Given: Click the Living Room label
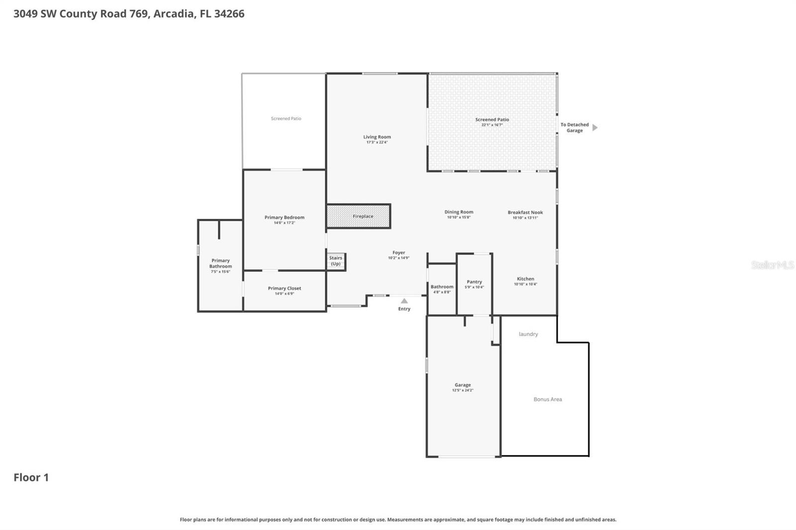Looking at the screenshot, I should [x=377, y=137].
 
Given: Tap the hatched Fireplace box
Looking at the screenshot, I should [x=359, y=216].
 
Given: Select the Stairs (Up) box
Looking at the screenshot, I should [x=336, y=261].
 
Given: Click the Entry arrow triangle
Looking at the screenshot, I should [x=404, y=301].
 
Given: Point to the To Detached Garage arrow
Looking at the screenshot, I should [x=595, y=127].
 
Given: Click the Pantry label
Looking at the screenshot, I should [x=474, y=281].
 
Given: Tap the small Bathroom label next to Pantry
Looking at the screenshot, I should [x=442, y=287].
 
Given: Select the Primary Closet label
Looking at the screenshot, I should [x=284, y=288].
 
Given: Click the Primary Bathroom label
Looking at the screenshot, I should [x=220, y=264].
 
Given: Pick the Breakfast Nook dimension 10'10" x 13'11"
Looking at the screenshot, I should [x=525, y=218].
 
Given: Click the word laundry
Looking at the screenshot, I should [x=528, y=334].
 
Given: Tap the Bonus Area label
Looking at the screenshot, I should [x=548, y=399].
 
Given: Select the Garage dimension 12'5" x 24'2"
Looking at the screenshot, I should [x=463, y=390].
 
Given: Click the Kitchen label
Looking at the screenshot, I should [x=525, y=279].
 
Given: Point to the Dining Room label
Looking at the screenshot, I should [x=459, y=212].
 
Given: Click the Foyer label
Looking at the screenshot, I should [x=398, y=253].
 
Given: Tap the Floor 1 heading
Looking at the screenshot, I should [x=31, y=477].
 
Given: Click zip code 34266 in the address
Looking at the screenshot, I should [x=229, y=13].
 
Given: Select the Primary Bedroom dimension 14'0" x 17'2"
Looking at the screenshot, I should [x=284, y=223].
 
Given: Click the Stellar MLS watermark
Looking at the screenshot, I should [x=772, y=265].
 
